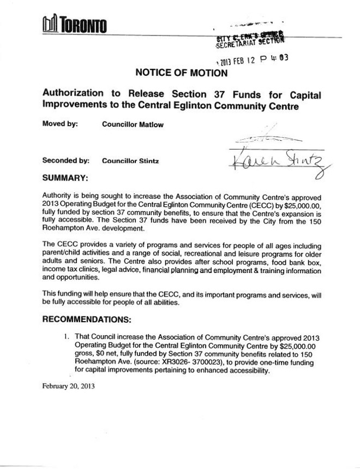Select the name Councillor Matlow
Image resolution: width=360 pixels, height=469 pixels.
click(133, 124)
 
